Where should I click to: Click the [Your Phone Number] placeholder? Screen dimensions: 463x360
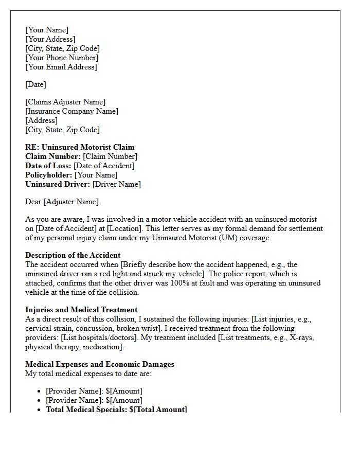tap(62, 58)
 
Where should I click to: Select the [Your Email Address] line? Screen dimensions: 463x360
tap(61, 67)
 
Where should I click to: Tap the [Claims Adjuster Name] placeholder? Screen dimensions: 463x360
tap(65, 102)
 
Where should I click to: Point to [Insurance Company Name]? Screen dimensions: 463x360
tap(71, 111)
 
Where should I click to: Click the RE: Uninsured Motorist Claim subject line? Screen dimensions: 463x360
tap(80, 147)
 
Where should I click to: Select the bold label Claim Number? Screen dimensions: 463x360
tap(53, 156)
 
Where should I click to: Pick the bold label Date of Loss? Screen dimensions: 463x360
tap(48, 166)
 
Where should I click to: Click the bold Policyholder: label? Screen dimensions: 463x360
tap(49, 175)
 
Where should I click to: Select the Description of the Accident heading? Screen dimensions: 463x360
tap(73, 255)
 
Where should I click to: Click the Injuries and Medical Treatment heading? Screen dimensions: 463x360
tap(81, 310)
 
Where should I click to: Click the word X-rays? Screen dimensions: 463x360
tap(300, 337)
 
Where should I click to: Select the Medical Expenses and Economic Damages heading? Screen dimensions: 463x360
tap(100, 364)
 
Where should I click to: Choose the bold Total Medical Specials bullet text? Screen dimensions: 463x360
tap(116, 409)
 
